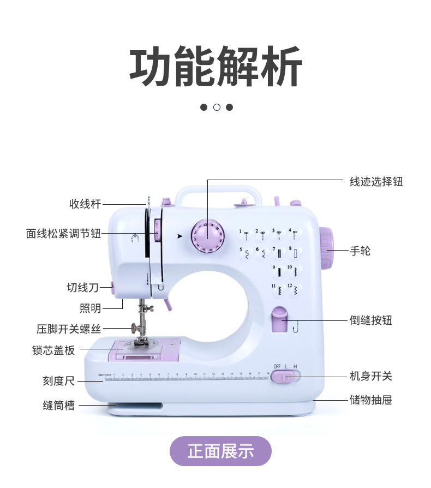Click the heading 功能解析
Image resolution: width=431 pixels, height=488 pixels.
(216, 67)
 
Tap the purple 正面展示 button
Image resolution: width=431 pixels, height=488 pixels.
(220, 451)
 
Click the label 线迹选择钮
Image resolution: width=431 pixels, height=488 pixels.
(376, 182)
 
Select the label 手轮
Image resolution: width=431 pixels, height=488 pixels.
(360, 251)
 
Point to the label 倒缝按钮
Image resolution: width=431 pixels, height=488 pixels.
(370, 320)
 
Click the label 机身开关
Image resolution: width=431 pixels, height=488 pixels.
(370, 376)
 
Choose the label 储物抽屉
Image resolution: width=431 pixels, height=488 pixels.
(370, 401)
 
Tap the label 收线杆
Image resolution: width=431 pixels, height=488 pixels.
(85, 204)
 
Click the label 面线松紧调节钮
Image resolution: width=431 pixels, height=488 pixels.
(63, 234)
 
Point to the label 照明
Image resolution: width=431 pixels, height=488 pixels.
(91, 308)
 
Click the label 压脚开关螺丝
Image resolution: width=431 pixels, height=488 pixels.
(69, 329)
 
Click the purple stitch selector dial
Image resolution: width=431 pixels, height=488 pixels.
(207, 236)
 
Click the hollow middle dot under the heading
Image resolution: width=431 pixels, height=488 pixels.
(217, 107)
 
